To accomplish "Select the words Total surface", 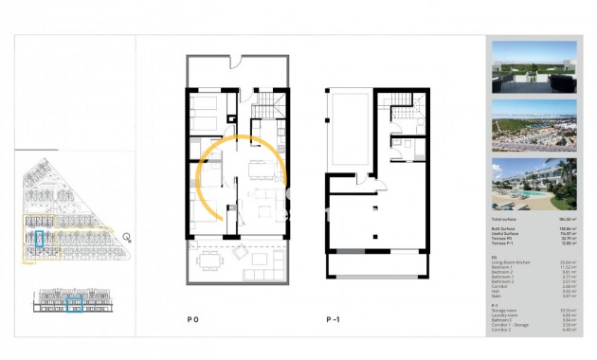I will pos(504,219).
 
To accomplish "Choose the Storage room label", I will pos(502,310).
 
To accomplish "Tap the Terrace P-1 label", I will pos(501,244).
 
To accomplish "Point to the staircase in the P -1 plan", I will pos(407,117).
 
